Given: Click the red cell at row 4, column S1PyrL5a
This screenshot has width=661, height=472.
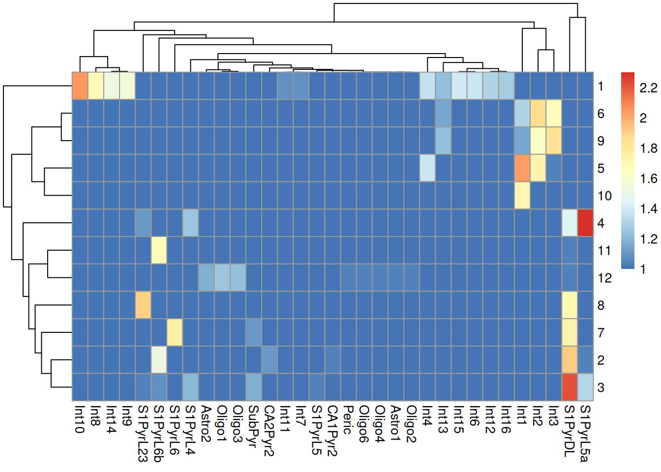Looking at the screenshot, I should (585, 223).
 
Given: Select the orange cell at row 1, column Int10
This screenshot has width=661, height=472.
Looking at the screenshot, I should (80, 86).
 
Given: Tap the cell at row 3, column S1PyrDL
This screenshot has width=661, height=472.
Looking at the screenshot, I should (570, 387).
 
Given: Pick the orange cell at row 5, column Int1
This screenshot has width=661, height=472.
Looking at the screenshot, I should (522, 168).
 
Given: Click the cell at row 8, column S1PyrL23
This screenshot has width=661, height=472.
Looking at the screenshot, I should (143, 305).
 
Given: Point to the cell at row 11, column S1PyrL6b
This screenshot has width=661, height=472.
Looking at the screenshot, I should (158, 250).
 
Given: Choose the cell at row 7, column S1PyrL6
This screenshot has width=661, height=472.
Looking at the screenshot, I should (175, 332).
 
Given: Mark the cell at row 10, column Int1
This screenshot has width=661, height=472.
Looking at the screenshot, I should (522, 195).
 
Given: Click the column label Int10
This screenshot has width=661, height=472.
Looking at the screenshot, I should (80, 419).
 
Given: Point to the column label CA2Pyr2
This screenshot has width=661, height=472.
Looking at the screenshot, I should (269, 431).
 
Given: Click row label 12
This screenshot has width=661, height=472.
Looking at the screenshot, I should (604, 278).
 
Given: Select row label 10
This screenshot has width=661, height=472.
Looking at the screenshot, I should (604, 196).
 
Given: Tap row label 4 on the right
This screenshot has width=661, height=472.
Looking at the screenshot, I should (601, 223).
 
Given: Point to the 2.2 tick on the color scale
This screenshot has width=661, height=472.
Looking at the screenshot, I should (648, 88).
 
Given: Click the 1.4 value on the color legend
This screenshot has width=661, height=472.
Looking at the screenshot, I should (648, 209).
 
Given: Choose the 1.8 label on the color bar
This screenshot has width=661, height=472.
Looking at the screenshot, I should (648, 148).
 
